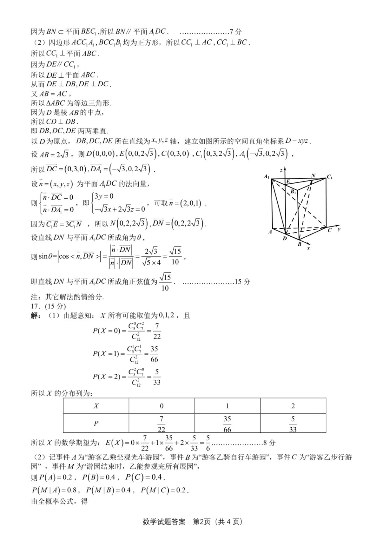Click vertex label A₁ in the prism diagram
pyautogui.click(x=266, y=176)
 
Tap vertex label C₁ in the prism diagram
pyautogui.click(x=329, y=177)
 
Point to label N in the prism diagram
pyautogui.click(x=313, y=176)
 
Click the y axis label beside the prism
pyautogui.click(x=339, y=229)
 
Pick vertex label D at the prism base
pyautogui.click(x=285, y=238)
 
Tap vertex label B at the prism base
pyautogui.click(x=299, y=245)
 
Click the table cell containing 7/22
pyautogui.click(x=161, y=424)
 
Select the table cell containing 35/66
pyautogui.click(x=227, y=424)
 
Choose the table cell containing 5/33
pyautogui.click(x=293, y=424)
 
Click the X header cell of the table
pyautogui.click(x=96, y=406)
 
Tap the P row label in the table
pyautogui.click(x=96, y=423)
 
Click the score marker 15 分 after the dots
pyautogui.click(x=242, y=282)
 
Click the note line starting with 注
pyautogui.click(x=67, y=297)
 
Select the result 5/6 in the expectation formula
pyautogui.click(x=208, y=443)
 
